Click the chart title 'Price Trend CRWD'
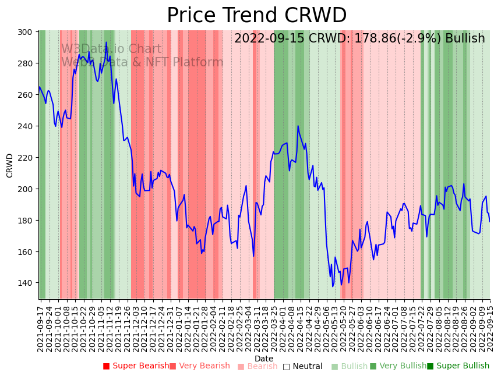[x=256, y=16]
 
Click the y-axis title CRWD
[x=10, y=165]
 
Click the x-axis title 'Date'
[x=264, y=359]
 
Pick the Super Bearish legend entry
[x=136, y=366]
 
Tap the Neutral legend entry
[x=302, y=366]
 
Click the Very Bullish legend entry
[x=398, y=366]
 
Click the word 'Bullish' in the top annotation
[x=465, y=39]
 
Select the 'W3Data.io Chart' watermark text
[x=111, y=49]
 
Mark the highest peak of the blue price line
[x=106, y=42]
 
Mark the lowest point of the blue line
[x=333, y=286]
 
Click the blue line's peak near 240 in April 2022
[x=298, y=126]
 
